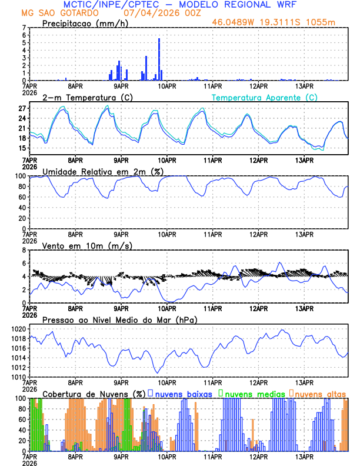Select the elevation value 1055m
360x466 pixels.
322,23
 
